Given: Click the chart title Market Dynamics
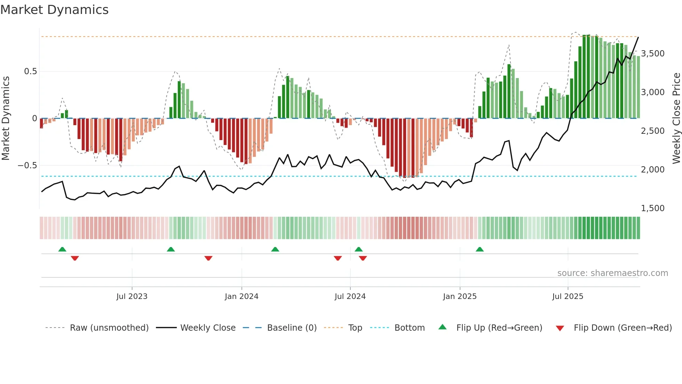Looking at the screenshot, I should [54, 10].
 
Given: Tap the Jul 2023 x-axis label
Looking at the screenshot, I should [132, 297].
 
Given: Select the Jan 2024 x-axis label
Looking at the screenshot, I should [241, 297].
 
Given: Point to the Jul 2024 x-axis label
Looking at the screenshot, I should [350, 297].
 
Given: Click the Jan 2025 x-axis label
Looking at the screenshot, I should [460, 297].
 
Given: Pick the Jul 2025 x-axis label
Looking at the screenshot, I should [568, 297].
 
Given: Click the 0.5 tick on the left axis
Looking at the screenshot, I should [30, 71].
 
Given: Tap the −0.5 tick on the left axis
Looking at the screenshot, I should [27, 166].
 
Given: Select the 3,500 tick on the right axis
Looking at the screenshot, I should [653, 54].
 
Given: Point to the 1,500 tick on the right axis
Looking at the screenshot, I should [653, 208].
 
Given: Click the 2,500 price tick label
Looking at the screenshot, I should [653, 131].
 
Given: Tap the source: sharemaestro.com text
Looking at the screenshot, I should [612, 273].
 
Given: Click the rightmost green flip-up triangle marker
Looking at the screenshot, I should [479, 249].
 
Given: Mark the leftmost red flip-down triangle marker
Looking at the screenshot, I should [75, 258].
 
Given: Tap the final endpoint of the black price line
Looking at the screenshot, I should [638, 37].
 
